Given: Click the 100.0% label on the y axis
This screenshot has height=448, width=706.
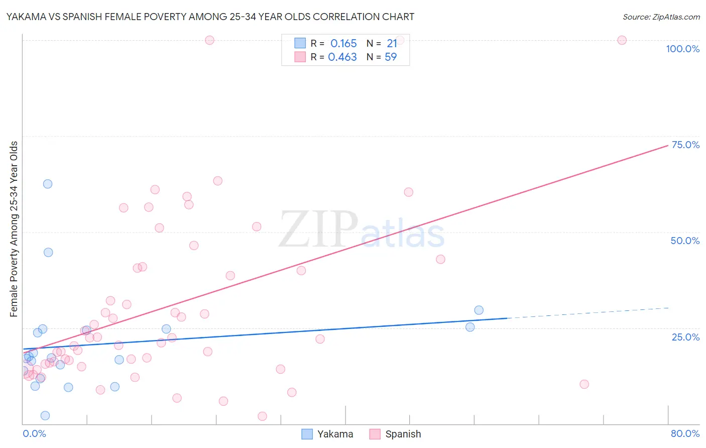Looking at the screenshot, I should tap(682, 49).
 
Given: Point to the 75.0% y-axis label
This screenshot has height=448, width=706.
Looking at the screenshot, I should tap(685, 145).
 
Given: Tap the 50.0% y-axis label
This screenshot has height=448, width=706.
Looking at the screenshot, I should tap(685, 241).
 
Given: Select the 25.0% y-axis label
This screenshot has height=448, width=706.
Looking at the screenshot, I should tap(685, 337).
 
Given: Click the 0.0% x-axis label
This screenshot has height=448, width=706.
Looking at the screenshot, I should tap(34, 433).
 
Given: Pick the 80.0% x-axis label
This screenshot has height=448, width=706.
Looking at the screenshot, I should tap(685, 433).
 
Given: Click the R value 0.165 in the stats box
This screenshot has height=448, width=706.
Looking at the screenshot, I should tap(343, 44).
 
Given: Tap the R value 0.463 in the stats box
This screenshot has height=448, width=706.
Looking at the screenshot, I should tap(342, 57).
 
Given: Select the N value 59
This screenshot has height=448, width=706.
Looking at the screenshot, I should tap(391, 57).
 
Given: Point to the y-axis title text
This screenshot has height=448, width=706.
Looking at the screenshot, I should tap(14, 229).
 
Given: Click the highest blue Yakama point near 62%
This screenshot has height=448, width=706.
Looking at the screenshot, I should tap(48, 184).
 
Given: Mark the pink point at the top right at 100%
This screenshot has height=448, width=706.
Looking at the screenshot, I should tap(622, 40).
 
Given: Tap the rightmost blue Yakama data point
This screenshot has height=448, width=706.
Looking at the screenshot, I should tap(479, 310).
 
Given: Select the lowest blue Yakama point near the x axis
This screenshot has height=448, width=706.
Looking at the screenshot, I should tap(45, 415).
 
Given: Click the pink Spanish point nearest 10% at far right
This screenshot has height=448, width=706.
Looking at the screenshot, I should tap(584, 384).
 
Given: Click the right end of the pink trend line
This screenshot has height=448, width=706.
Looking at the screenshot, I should tap(668, 145).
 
